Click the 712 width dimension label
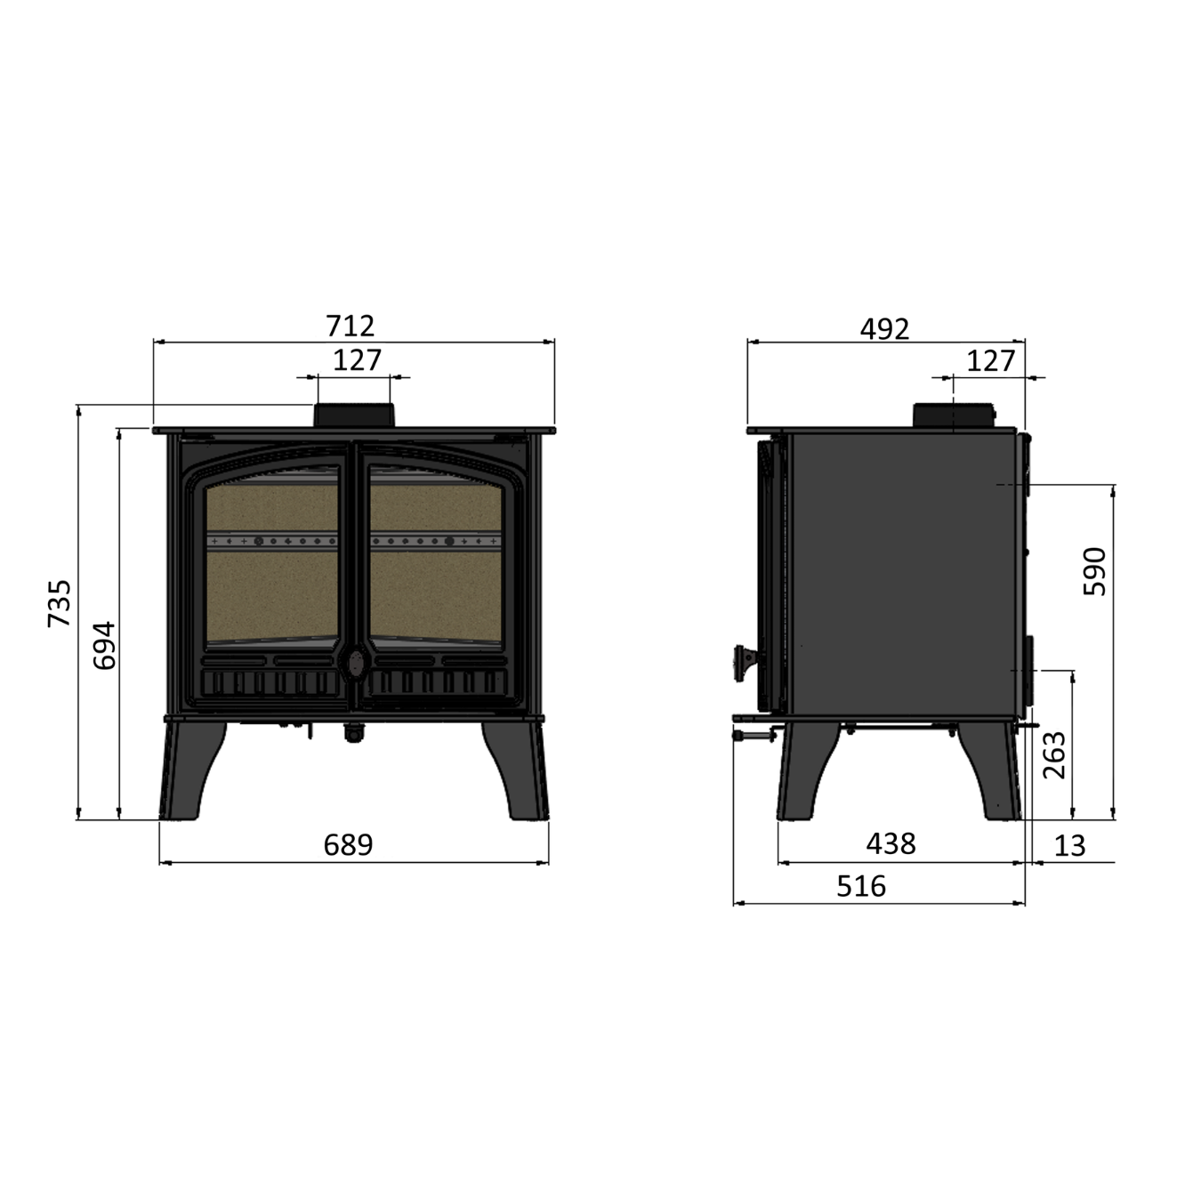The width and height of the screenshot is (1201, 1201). click(x=351, y=326)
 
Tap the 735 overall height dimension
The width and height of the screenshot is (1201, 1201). click(x=60, y=603)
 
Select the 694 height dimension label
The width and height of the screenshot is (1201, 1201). click(x=104, y=645)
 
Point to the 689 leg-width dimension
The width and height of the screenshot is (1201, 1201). click(x=349, y=845)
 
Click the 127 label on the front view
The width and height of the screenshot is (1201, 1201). click(x=357, y=360)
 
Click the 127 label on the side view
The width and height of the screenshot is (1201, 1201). click(x=991, y=361)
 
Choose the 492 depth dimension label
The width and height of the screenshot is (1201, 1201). click(x=885, y=329)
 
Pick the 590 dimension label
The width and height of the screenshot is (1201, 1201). click(x=1094, y=571)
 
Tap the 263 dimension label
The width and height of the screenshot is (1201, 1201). click(x=1054, y=755)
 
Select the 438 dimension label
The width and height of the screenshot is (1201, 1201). click(x=891, y=844)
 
